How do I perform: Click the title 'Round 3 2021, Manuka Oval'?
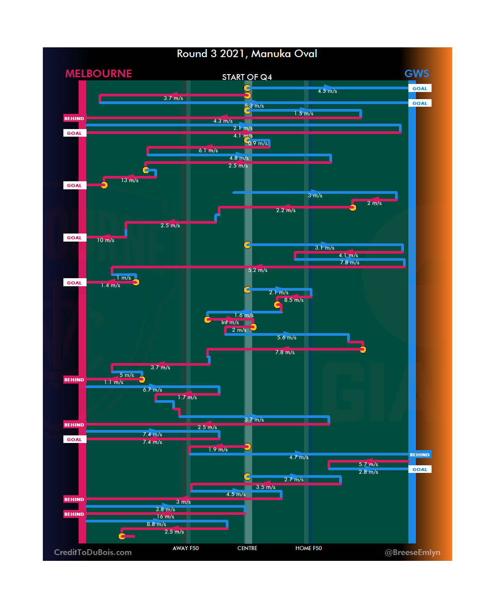pos(247,54)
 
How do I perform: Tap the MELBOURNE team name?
pos(99,74)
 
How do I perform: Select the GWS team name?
pos(416,74)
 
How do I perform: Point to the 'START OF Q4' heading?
pos(247,77)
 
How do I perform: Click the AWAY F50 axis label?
pos(186,548)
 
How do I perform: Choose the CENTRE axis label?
pos(247,548)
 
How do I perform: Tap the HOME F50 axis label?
pos(308,548)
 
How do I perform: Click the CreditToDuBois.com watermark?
pos(93,552)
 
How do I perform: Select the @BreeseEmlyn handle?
pos(412,552)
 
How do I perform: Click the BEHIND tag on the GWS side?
pos(420,455)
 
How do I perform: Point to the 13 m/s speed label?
pos(130,180)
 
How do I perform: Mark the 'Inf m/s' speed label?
pos(230,322)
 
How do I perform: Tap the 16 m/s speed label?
pos(165,517)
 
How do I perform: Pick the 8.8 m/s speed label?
pos(156,524)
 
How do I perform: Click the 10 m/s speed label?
pos(106,240)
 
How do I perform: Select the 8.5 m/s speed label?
pos(294,300)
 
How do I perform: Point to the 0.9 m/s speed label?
pos(258,143)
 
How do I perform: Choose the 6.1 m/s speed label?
pos(208,150)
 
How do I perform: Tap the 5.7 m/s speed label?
pos(368,464)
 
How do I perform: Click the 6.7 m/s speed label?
pos(152,390)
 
